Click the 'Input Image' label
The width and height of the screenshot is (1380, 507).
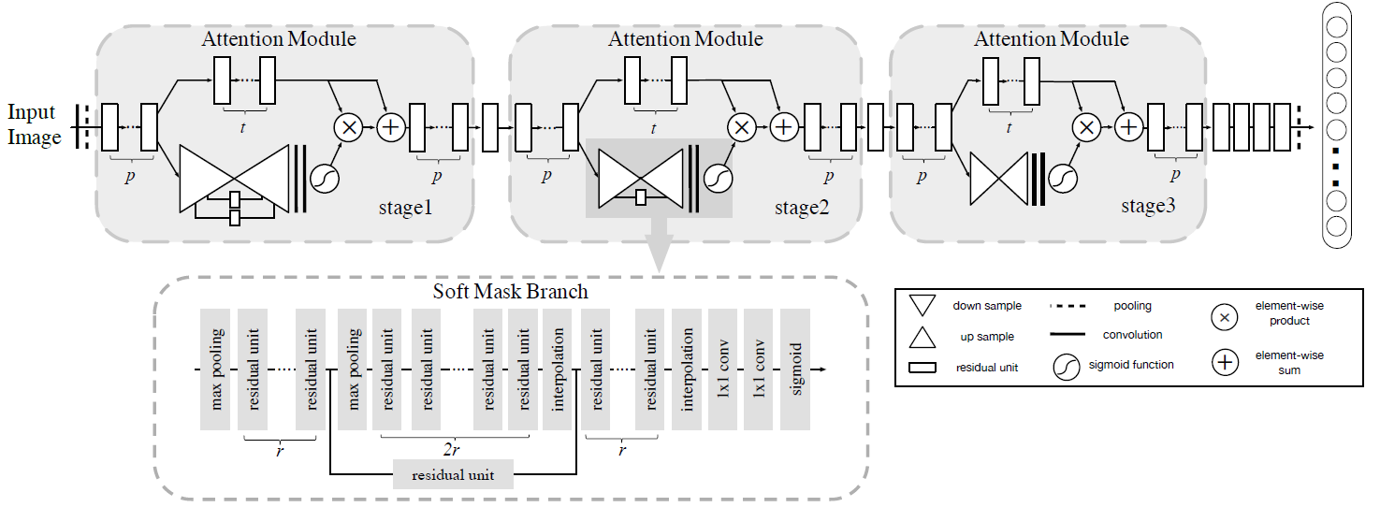point(34,123)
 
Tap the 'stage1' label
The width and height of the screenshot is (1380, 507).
point(405,208)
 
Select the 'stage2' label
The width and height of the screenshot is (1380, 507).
point(802,208)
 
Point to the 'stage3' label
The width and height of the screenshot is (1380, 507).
point(1148,206)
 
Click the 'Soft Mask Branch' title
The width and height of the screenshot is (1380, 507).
point(510,291)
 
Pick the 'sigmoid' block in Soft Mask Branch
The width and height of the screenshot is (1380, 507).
point(794,369)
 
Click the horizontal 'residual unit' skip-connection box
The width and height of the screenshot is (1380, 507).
point(453,474)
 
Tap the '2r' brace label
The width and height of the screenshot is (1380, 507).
point(451,450)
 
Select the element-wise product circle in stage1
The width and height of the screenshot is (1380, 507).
point(349,127)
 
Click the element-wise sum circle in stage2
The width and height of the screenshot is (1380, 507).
point(784,127)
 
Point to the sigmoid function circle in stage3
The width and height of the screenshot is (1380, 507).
point(1063,179)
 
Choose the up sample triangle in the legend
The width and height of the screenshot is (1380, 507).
point(922,337)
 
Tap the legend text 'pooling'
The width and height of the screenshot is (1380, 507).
point(1132,306)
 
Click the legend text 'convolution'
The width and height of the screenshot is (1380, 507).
point(1132,335)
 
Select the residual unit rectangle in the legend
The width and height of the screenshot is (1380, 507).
point(922,368)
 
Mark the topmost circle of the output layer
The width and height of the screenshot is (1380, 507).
point(1336,27)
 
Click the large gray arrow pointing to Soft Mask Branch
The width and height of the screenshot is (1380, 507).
point(659,244)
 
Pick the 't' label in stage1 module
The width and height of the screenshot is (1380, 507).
point(242,127)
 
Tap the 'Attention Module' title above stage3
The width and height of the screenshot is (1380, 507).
point(1051,38)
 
